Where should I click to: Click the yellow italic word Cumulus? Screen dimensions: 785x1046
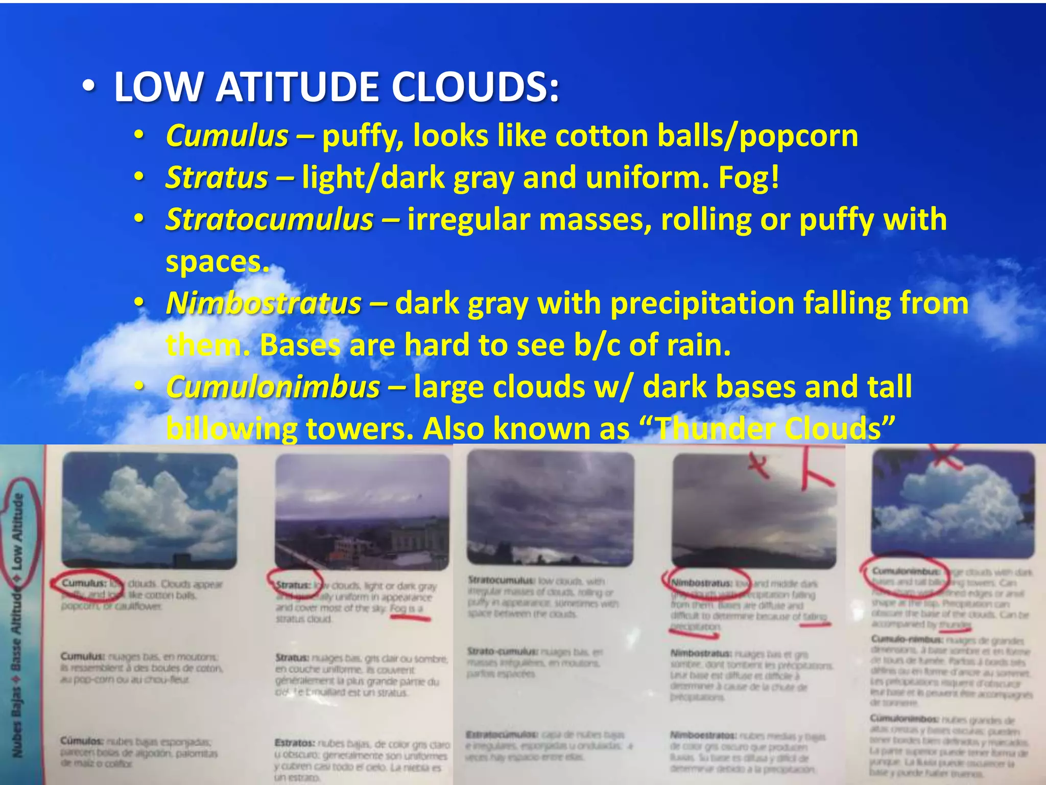coord(227,136)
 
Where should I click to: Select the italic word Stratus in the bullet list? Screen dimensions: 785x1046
coord(217,178)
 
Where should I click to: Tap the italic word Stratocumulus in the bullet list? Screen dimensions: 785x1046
coord(270,220)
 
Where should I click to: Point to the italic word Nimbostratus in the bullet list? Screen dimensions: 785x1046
coord(264,304)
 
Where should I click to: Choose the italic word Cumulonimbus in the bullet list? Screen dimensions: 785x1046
coord(273,387)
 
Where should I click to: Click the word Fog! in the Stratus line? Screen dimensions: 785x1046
coord(749,178)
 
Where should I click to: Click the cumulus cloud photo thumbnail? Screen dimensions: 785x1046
coord(149,510)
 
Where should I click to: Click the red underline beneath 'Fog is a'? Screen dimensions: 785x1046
coord(410,618)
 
